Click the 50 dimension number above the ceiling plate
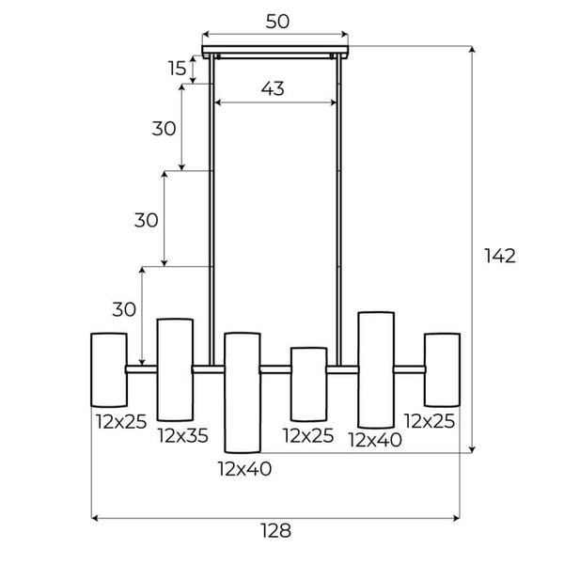(x=276, y=22)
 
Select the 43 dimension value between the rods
(x=273, y=88)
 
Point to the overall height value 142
(x=500, y=255)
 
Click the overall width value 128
(x=274, y=531)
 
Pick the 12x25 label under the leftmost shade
(x=121, y=421)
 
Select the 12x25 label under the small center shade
(x=308, y=434)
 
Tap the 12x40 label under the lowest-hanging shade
(x=244, y=468)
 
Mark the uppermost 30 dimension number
(x=164, y=130)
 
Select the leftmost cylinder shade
(x=108, y=369)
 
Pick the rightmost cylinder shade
(x=442, y=369)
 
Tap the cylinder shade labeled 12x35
(x=175, y=369)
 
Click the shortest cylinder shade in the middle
(x=308, y=384)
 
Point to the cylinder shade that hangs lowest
(x=242, y=392)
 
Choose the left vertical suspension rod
(x=212, y=207)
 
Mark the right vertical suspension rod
(x=337, y=207)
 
